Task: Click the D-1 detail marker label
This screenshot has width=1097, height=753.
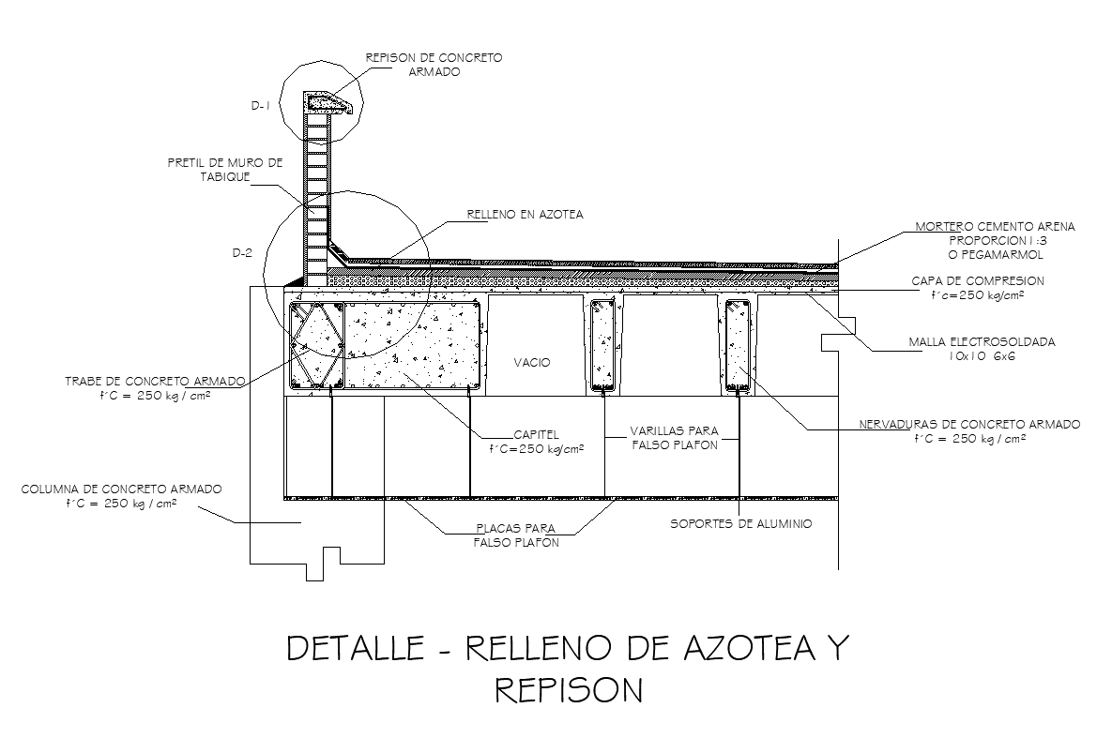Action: click(x=260, y=106)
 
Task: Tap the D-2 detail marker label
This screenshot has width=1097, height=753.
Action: click(x=242, y=252)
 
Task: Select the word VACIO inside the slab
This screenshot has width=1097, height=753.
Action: click(x=532, y=362)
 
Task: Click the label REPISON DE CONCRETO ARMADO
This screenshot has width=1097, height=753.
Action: click(x=434, y=65)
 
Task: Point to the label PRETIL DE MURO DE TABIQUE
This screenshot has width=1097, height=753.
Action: click(x=225, y=170)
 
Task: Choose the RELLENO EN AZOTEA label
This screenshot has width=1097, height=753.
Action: click(x=525, y=215)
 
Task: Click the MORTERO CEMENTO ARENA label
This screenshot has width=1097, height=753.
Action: click(x=996, y=227)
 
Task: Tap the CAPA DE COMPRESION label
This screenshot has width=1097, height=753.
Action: click(x=978, y=281)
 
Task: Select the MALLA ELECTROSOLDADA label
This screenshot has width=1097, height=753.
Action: click(x=982, y=342)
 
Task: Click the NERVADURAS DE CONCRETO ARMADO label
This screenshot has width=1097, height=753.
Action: click(x=969, y=425)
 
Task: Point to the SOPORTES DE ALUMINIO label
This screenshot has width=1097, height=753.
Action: click(x=741, y=523)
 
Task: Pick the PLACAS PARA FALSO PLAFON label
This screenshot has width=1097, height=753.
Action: click(x=516, y=535)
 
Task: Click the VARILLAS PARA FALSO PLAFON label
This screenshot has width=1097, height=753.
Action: click(x=675, y=438)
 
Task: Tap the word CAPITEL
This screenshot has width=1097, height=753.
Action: click(x=536, y=435)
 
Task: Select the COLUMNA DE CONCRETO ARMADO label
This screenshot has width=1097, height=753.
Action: click(x=121, y=489)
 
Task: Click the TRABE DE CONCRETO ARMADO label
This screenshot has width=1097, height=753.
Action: click(x=155, y=382)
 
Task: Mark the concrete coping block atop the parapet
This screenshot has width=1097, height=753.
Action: click(x=328, y=102)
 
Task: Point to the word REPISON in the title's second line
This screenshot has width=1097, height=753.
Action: click(x=569, y=691)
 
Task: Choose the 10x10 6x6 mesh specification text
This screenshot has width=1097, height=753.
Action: click(x=982, y=356)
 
